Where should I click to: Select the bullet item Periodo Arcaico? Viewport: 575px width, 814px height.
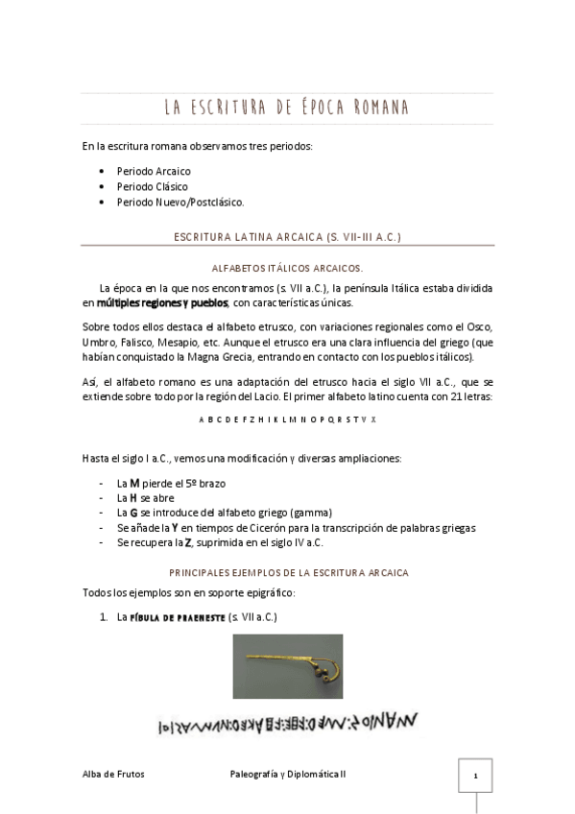[x=154, y=171]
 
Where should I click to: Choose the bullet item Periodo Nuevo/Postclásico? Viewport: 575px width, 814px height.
[x=180, y=203]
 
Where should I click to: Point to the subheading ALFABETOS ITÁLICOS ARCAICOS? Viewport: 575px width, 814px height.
[x=287, y=269]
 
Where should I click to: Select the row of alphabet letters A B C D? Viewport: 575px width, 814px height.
[x=287, y=419]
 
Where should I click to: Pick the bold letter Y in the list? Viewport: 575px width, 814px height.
[x=178, y=527]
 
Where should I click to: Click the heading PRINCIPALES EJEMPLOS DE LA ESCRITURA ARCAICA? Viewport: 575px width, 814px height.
[x=287, y=572]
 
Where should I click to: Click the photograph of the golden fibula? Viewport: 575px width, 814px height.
[x=287, y=666]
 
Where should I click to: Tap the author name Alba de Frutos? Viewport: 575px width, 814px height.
[x=113, y=775]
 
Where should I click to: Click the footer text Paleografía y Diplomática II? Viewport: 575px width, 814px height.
[x=288, y=775]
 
